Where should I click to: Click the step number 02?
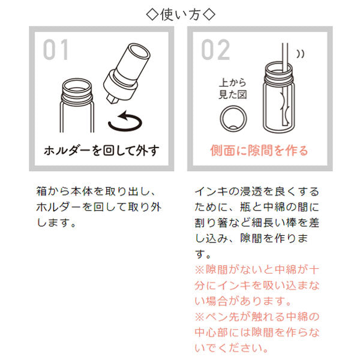tap(215, 51)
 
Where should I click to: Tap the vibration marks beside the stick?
tap(301, 53)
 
